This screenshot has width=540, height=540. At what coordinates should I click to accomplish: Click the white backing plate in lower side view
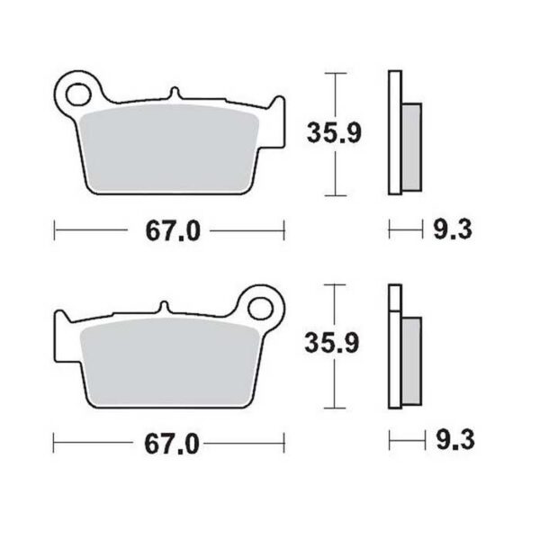click(x=393, y=346)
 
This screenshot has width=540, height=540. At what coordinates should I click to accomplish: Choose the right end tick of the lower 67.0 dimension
click(x=284, y=443)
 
